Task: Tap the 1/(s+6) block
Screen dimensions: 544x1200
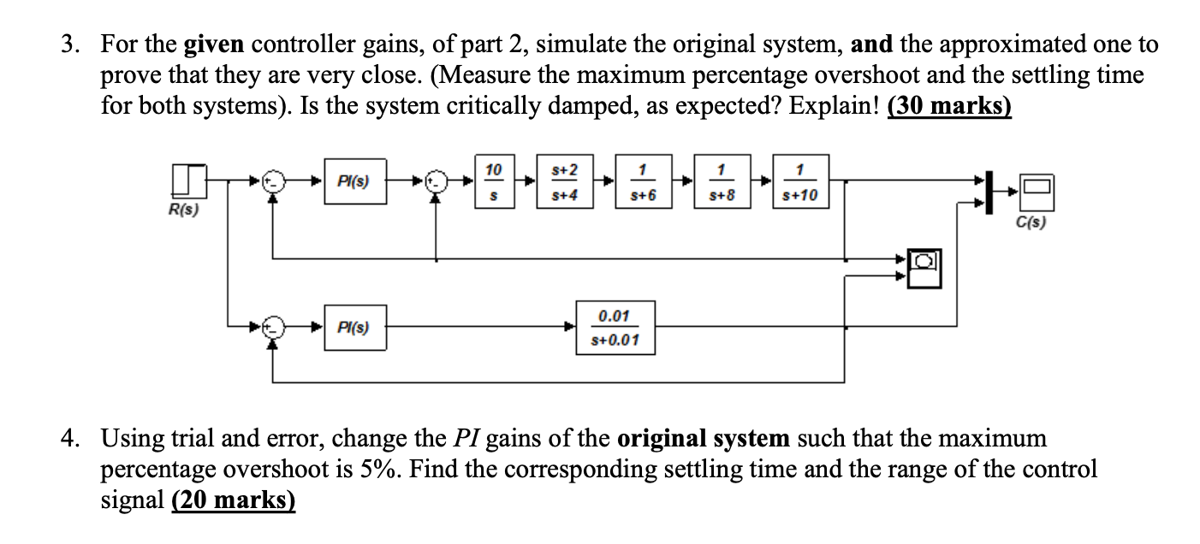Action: [x=647, y=181]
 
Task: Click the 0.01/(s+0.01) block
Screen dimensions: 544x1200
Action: [x=615, y=328]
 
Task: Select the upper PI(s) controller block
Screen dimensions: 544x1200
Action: [x=353, y=181]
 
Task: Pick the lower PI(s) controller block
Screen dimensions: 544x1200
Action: [x=353, y=327]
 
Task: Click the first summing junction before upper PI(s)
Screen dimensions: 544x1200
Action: [x=273, y=181]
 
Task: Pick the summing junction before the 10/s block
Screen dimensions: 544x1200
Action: [x=437, y=181]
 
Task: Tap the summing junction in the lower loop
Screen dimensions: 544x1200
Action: [x=273, y=327]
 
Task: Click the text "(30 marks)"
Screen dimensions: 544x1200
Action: [x=949, y=109]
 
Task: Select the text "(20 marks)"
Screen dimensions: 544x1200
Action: [x=233, y=500]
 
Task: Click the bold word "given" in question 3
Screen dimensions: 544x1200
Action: [x=212, y=44]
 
